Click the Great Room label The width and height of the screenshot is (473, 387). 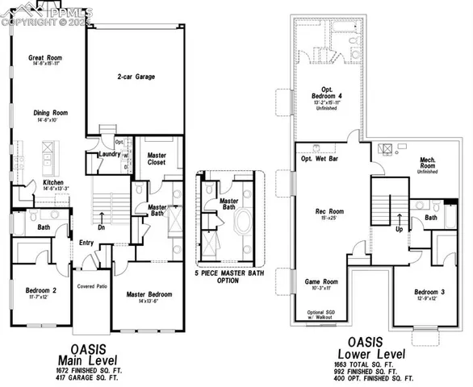pyautogui.click(x=46, y=58)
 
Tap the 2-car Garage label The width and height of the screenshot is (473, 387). pyautogui.click(x=134, y=77)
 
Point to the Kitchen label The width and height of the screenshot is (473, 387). pyautogui.click(x=31, y=183)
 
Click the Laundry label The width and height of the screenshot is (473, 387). pyautogui.click(x=110, y=154)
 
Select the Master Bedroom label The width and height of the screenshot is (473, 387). pyautogui.click(x=152, y=294)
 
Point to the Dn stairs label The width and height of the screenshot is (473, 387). pyautogui.click(x=102, y=227)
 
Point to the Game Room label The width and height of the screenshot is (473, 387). pyautogui.click(x=320, y=282)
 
